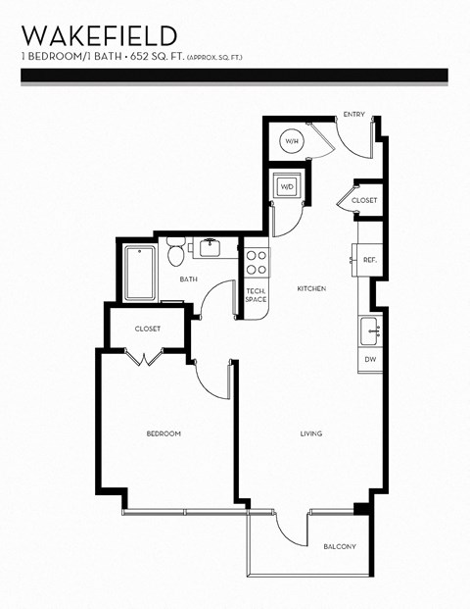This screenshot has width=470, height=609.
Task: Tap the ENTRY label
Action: (353, 115)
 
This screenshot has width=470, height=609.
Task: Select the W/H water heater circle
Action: (292, 142)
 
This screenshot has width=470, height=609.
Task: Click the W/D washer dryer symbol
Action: (288, 186)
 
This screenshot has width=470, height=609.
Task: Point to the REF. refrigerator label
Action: (370, 260)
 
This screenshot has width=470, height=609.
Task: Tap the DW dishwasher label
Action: (370, 360)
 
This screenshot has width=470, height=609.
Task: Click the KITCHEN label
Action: (311, 288)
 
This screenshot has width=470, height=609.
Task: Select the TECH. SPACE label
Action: (256, 295)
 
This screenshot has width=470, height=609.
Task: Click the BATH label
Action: (188, 279)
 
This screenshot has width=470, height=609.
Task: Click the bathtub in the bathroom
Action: (140, 273)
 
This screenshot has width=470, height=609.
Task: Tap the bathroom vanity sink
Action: (209, 246)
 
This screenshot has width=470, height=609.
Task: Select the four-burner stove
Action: (256, 263)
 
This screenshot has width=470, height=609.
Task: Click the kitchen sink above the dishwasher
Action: (370, 330)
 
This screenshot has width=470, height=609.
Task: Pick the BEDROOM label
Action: (164, 433)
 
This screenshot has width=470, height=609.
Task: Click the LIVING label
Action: (311, 433)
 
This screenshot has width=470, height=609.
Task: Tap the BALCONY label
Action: (339, 546)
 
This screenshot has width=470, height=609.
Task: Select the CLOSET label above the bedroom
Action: (148, 329)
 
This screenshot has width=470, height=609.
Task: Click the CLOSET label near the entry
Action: (364, 200)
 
